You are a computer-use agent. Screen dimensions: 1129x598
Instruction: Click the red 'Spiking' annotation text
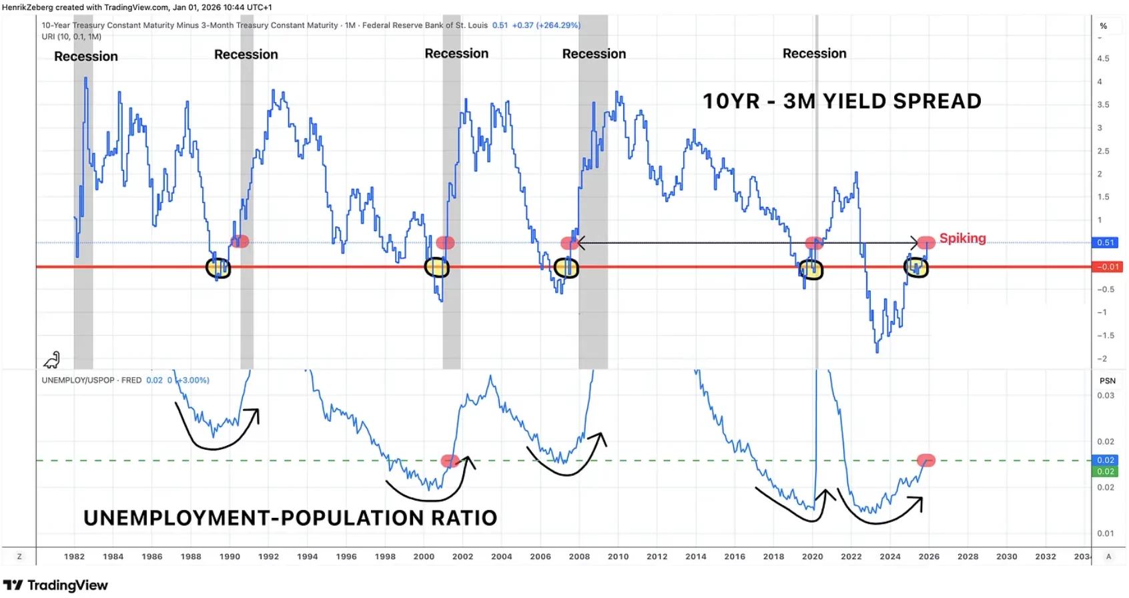[x=962, y=238]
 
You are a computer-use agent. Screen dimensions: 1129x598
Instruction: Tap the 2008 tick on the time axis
[x=579, y=557]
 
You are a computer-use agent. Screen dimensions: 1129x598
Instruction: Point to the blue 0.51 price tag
[x=1106, y=242]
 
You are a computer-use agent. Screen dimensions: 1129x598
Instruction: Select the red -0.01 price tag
[x=1107, y=267]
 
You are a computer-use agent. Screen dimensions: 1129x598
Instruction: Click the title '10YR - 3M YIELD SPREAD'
[x=841, y=101]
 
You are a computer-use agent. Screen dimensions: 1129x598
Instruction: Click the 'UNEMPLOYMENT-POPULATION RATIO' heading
[x=290, y=519]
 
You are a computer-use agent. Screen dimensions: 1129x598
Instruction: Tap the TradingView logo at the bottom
[x=55, y=585]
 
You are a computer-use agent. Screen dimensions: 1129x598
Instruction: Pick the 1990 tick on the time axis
[x=230, y=557]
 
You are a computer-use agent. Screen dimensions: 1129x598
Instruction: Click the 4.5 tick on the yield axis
[x=1103, y=59]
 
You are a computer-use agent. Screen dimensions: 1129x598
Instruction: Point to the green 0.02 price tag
[x=1105, y=471]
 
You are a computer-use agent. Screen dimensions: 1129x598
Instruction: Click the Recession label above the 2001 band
[x=456, y=53]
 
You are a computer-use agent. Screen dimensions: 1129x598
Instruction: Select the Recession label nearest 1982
[x=85, y=57]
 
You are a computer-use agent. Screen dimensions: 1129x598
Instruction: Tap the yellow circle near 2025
[x=916, y=267]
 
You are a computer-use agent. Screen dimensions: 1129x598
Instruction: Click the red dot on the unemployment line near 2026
[x=926, y=460]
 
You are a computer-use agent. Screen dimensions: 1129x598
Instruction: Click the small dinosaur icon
[x=52, y=360]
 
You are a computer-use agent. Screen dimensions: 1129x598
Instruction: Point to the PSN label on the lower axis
[x=1108, y=380]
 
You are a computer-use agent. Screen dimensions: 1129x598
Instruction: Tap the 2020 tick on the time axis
[x=813, y=557]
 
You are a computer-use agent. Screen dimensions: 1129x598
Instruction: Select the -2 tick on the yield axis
[x=1103, y=359]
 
